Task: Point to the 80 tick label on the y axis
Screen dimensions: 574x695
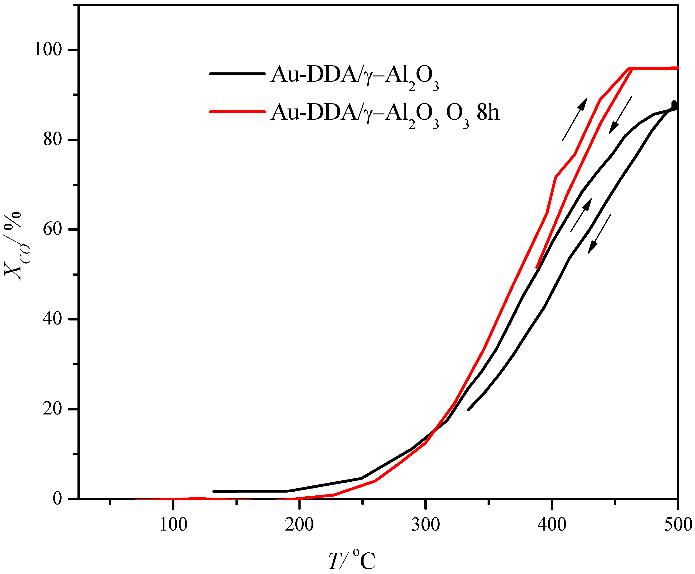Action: point(53,140)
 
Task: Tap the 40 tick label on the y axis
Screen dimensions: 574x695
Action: point(53,319)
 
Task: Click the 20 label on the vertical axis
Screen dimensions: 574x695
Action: point(53,409)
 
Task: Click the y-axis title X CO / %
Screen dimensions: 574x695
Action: point(15,246)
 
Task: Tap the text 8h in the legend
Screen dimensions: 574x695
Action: point(488,113)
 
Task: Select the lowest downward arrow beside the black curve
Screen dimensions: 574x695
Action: point(599,234)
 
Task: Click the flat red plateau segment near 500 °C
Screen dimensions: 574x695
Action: point(654,68)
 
